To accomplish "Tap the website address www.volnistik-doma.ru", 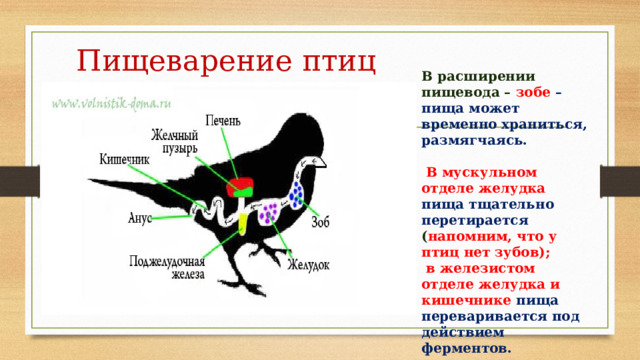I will pyautogui.click(x=112, y=102).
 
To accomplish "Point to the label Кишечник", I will pyautogui.click(x=124, y=159).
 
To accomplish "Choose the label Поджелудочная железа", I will pyautogui.click(x=168, y=268).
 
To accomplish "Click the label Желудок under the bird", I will pyautogui.click(x=309, y=265).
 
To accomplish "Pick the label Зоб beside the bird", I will pyautogui.click(x=321, y=221).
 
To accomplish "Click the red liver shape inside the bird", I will pyautogui.click(x=239, y=187).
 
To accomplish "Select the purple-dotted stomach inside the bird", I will pyautogui.click(x=269, y=213).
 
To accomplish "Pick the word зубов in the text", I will pyautogui.click(x=519, y=253).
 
